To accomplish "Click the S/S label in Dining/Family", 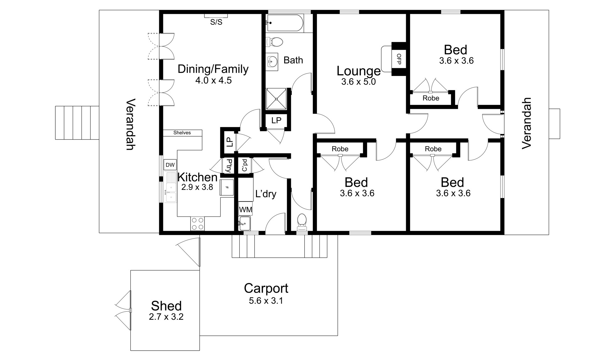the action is (216, 22).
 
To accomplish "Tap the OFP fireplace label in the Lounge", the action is (399, 59).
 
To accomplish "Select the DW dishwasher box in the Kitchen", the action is (170, 165).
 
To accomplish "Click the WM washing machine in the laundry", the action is (246, 209).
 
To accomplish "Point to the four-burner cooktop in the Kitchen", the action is (198, 223).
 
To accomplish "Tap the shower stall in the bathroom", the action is (276, 99).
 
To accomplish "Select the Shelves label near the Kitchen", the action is (182, 133).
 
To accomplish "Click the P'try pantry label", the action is (229, 166).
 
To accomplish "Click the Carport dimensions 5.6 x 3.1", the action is (266, 301).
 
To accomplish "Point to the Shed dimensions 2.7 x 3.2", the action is (166, 317).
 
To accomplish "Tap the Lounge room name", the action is (359, 71).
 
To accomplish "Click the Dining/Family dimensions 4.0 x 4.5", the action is (214, 80).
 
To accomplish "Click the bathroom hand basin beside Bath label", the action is (272, 61).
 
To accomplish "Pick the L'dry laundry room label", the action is (266, 194).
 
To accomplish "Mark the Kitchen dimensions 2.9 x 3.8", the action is (197, 187).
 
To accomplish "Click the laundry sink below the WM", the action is (245, 223).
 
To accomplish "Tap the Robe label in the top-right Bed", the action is (431, 98).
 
